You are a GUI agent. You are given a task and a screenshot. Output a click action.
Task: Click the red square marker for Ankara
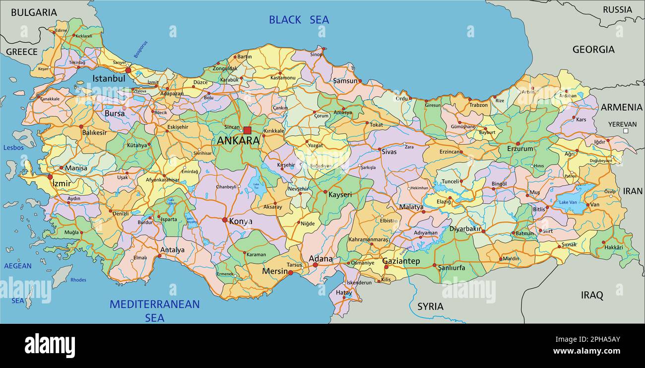[x=247, y=130]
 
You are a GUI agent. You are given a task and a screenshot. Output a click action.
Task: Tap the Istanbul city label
[x=109, y=78]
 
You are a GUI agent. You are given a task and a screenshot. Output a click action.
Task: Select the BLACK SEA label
[x=299, y=20]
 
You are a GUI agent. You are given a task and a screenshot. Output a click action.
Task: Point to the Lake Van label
[x=568, y=202]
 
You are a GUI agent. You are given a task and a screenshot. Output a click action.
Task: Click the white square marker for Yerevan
[x=626, y=131]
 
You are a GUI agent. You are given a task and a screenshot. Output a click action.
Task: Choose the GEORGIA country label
[x=593, y=49]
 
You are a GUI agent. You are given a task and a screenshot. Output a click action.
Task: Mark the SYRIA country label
[x=430, y=306]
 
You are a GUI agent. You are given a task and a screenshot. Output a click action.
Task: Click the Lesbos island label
[x=13, y=147]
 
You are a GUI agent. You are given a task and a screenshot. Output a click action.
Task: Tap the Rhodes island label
[x=78, y=280]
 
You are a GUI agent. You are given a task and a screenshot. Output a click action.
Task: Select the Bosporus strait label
[x=141, y=49]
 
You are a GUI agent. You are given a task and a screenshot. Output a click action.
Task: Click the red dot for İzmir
[x=50, y=177]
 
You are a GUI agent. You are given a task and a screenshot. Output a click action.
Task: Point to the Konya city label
[x=240, y=221]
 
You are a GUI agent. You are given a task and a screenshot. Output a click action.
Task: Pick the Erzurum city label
[x=519, y=148]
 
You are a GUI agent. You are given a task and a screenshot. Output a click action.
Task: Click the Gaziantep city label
[x=401, y=261]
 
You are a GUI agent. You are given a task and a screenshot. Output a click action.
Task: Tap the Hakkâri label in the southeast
[x=613, y=247]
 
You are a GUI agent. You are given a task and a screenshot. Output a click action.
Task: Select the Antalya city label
[x=172, y=250]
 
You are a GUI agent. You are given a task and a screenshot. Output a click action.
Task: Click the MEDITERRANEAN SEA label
[x=154, y=310]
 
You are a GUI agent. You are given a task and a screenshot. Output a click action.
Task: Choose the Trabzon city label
[x=479, y=105]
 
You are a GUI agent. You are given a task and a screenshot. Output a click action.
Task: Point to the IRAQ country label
[x=592, y=295]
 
